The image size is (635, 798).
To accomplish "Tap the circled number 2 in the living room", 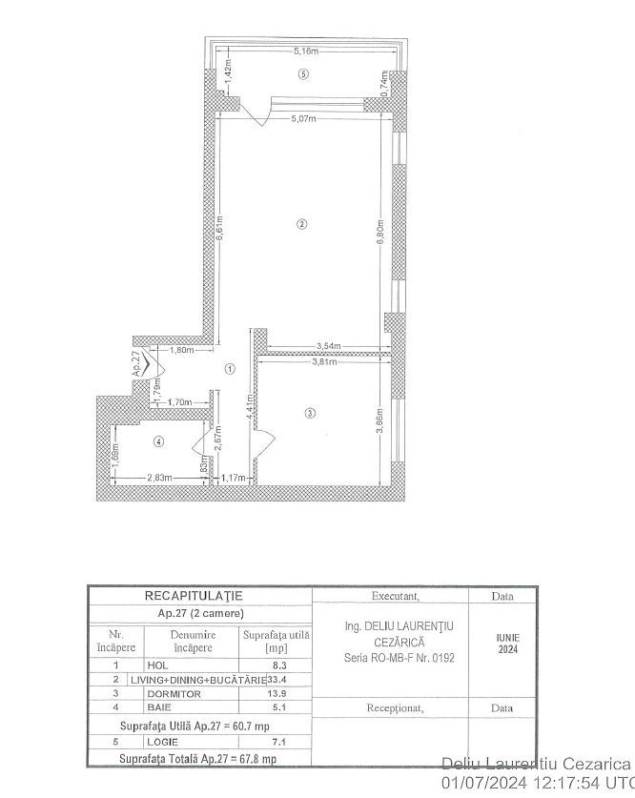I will point(301,225).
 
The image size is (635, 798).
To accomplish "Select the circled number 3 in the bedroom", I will point(309,413).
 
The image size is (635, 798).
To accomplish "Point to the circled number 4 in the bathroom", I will point(158,440).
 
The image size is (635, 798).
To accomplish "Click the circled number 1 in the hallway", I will point(230,368).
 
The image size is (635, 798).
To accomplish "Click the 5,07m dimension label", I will point(305,119).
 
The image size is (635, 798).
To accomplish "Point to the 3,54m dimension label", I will point(330,346).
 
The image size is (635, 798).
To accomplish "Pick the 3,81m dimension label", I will point(324,361).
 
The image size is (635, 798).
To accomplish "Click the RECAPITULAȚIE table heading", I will point(200,595).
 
